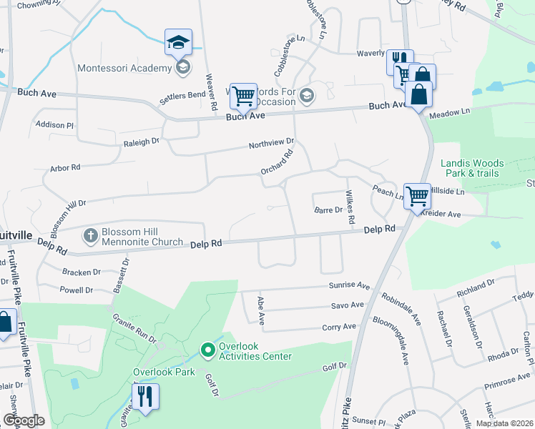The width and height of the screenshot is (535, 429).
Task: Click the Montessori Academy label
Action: [x=124, y=69]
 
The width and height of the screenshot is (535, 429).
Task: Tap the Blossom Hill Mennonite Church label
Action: [x=142, y=236]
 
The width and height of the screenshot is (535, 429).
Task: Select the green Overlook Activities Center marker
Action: [x=208, y=350]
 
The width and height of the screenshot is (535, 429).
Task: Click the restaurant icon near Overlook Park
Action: [x=145, y=397]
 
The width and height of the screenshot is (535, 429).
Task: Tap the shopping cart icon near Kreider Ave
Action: [x=417, y=194]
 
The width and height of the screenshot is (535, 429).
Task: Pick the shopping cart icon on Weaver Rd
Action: [x=243, y=96]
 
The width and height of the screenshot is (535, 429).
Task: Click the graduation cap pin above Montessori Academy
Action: [x=178, y=42]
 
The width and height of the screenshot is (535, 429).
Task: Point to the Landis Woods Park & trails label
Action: [x=472, y=168]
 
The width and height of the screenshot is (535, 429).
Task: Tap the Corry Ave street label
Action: [x=339, y=327]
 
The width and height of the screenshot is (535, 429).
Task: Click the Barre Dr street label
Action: [x=328, y=210]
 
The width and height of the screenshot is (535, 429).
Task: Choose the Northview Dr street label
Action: [x=271, y=144]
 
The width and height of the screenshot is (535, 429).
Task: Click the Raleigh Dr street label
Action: [x=141, y=142]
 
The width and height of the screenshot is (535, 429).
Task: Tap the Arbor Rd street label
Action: [x=65, y=169]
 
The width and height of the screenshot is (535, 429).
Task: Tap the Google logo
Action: [x=24, y=420]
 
